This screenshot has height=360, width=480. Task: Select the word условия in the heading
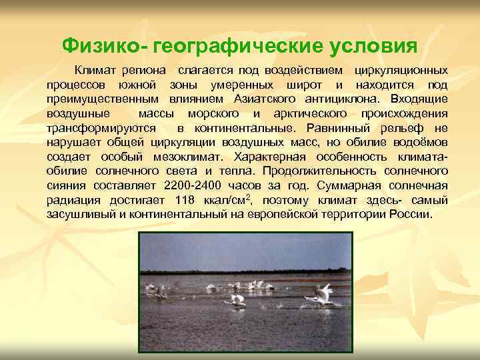click(x=371, y=45)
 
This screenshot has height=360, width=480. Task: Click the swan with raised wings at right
click(x=323, y=293)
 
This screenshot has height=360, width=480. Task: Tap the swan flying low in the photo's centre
click(x=237, y=299)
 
